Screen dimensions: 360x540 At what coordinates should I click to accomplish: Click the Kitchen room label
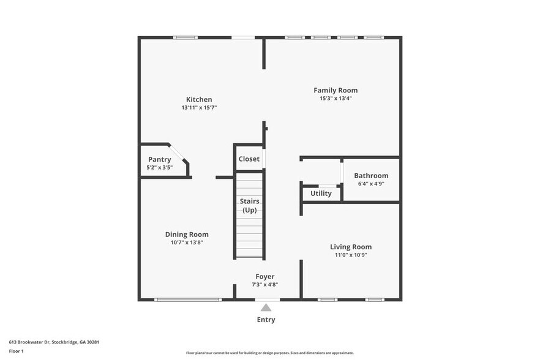(x=199, y=99)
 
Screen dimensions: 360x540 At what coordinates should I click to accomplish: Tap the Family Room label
(x=336, y=90)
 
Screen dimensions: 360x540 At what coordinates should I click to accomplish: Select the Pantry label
(x=159, y=159)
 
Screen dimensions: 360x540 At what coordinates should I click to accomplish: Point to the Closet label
(x=249, y=159)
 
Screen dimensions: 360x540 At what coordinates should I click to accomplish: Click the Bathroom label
(x=371, y=176)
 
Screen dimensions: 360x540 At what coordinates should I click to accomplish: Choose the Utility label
(x=321, y=193)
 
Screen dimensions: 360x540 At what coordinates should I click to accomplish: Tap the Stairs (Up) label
(x=249, y=206)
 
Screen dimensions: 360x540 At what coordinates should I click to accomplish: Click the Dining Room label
(x=187, y=234)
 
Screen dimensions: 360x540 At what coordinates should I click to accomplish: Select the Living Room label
(x=351, y=247)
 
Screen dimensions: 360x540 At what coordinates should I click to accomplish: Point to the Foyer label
(x=264, y=277)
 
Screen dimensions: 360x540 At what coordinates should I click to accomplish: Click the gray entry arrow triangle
(x=266, y=307)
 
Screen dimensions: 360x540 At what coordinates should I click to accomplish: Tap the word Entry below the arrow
(x=266, y=320)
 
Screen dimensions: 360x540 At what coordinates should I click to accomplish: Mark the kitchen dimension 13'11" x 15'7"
(x=199, y=107)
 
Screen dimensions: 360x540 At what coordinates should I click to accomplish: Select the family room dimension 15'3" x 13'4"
(x=336, y=98)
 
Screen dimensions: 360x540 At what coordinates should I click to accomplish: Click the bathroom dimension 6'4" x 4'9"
(x=371, y=183)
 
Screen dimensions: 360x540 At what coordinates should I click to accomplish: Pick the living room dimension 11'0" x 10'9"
(x=351, y=255)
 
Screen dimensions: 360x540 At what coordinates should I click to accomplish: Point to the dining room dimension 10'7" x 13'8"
(x=187, y=242)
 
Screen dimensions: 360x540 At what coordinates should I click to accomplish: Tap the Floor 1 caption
(x=16, y=351)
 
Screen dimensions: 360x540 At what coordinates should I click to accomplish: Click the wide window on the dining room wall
(x=187, y=299)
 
